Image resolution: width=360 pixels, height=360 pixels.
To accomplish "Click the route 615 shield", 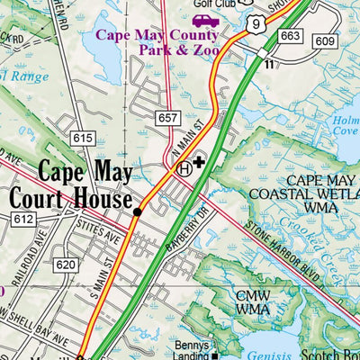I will [x=84, y=137].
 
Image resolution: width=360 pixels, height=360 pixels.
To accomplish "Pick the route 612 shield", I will [x=22, y=219].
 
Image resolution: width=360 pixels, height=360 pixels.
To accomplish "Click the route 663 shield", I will [x=289, y=36].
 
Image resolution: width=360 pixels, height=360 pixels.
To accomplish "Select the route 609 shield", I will [x=326, y=41].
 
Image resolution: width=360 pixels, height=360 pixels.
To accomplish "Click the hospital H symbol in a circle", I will [x=184, y=167].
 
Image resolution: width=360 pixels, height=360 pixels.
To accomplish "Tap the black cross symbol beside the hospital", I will [x=199, y=163].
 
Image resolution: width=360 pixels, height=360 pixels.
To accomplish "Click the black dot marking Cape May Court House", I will [x=137, y=212].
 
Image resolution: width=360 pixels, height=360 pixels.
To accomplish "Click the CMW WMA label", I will [x=252, y=301].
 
